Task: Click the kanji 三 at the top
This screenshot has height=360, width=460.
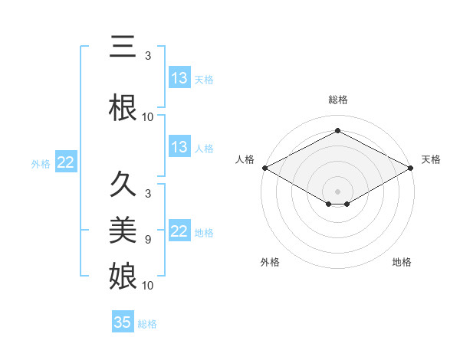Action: pyautogui.click(x=123, y=47)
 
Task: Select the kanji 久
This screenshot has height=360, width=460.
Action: pyautogui.click(x=123, y=185)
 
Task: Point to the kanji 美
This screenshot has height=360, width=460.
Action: pyautogui.click(x=123, y=230)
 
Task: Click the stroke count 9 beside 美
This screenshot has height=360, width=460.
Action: pyautogui.click(x=148, y=240)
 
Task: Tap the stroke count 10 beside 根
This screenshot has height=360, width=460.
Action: pyautogui.click(x=148, y=117)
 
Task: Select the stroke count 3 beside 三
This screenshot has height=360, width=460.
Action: pyautogui.click(x=148, y=56)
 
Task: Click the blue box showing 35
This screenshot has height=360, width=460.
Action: pyautogui.click(x=123, y=322)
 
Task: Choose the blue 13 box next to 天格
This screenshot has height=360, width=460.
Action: pyautogui.click(x=179, y=78)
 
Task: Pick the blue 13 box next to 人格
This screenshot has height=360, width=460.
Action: pyautogui.click(x=179, y=147)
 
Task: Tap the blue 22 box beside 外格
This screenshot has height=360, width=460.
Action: pyautogui.click(x=65, y=162)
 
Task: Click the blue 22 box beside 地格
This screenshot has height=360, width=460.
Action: pyautogui.click(x=179, y=231)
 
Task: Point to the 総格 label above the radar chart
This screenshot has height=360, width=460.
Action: pyautogui.click(x=337, y=100)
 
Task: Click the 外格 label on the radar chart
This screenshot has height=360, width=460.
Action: pyautogui.click(x=270, y=262)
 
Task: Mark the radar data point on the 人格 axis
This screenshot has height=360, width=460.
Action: pyautogui.click(x=264, y=168)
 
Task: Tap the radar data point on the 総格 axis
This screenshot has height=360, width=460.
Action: pyautogui.click(x=337, y=131)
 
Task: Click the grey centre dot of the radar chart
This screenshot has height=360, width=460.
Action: pyautogui.click(x=337, y=190)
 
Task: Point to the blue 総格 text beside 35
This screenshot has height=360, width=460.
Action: pyautogui.click(x=147, y=324)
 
